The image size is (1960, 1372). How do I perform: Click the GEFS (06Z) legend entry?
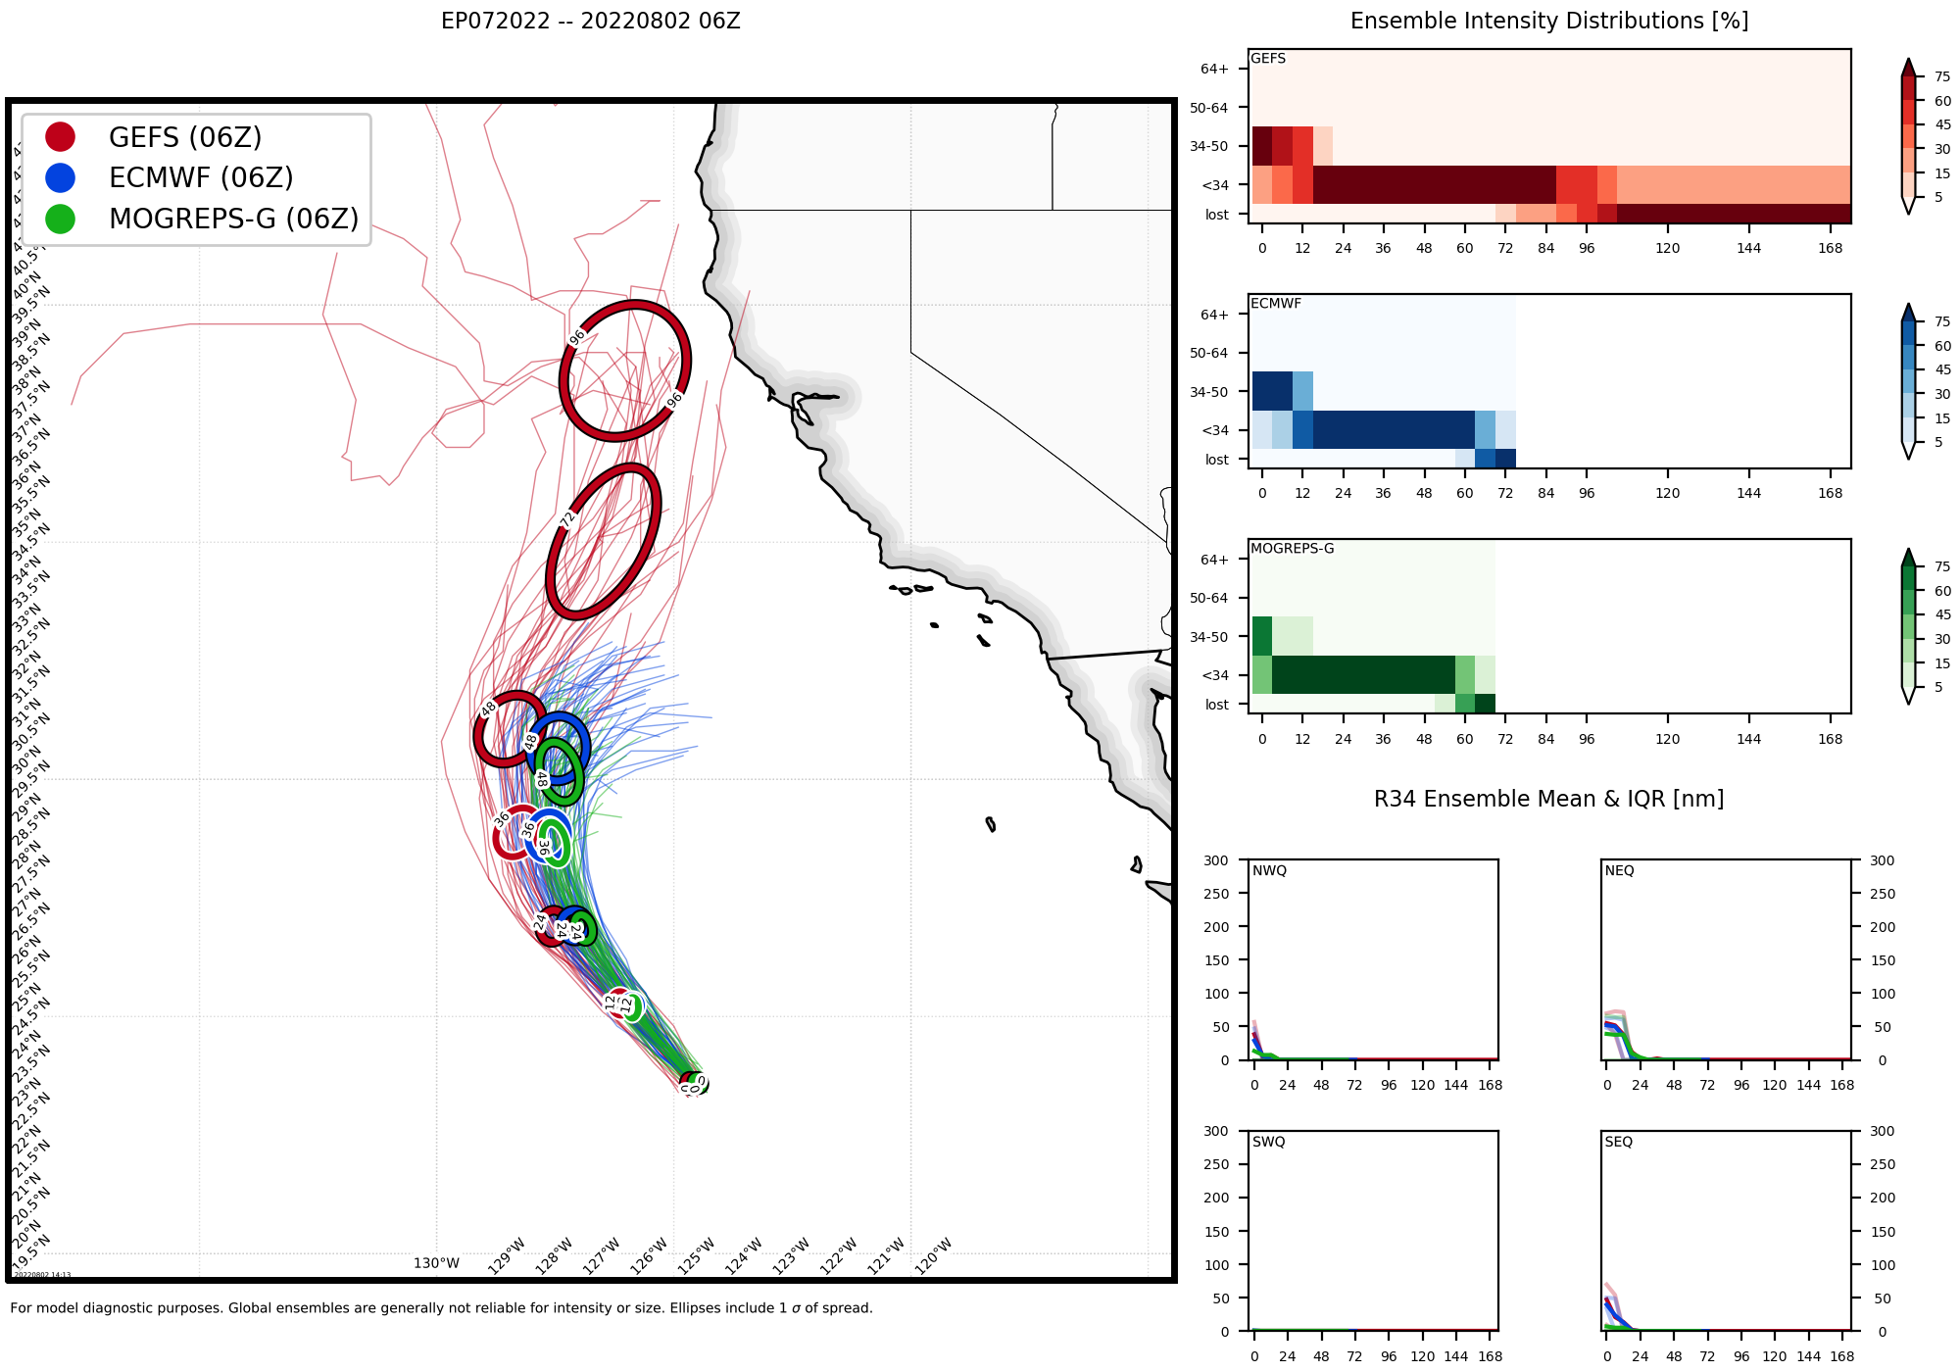click(184, 137)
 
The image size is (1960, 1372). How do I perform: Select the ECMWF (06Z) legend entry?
click(201, 177)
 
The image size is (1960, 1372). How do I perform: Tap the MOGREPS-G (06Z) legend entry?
click(233, 219)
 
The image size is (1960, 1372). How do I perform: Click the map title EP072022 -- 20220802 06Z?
click(590, 22)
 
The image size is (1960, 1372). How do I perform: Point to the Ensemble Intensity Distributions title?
click(1548, 22)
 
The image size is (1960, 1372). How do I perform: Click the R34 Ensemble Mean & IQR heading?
click(1548, 799)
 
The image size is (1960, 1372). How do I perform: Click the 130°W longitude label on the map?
click(436, 1263)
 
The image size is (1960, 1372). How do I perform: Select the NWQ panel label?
click(1269, 870)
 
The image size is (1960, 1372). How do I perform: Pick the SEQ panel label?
click(1619, 1142)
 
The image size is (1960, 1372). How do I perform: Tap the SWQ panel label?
click(1268, 1142)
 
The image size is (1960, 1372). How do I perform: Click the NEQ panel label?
click(1619, 870)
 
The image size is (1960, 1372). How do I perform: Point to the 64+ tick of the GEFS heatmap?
click(1214, 69)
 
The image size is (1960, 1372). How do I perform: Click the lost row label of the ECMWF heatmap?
click(1216, 460)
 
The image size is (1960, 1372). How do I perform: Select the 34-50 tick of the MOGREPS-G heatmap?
click(1208, 637)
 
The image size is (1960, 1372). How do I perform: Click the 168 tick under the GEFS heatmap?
click(1830, 248)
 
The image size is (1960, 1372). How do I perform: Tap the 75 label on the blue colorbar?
click(1942, 321)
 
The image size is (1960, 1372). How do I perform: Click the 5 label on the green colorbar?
click(1937, 687)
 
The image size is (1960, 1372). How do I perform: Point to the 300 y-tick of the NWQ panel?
click(1215, 860)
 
